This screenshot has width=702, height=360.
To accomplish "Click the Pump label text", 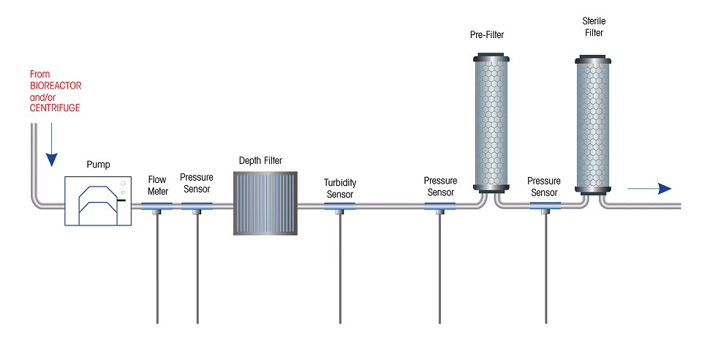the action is point(98,165).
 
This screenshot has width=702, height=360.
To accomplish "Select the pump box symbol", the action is point(98,201).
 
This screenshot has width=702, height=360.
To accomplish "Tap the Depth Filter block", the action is point(265,203).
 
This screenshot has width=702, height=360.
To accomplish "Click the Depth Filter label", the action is point(260,161).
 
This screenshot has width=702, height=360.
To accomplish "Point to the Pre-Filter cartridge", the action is point(491,123).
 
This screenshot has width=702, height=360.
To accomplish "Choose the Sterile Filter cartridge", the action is point(593,125).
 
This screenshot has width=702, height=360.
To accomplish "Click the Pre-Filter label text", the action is point(487,35).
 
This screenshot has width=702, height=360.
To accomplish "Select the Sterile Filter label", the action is point(594,27).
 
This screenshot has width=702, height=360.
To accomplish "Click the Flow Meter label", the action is point(158,185).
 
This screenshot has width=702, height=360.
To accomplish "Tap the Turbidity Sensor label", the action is point(340,189).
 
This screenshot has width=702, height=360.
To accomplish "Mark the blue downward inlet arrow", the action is point(52,145).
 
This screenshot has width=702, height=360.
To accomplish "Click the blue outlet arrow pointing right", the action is point(649,189).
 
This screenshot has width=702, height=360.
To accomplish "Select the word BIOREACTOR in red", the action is point(56,86).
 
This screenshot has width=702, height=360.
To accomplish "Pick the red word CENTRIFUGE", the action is point(55,108).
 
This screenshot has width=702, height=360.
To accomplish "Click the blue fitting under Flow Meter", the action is point(156,206).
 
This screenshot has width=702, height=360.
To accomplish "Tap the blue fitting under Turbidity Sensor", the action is point(339,206).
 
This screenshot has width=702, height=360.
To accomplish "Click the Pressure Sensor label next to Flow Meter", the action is point(197,183).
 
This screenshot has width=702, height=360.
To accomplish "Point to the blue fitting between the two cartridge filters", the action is point(546,206).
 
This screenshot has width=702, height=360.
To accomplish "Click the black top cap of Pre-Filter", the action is point(491,57).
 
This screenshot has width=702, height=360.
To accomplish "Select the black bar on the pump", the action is point(121,200).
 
